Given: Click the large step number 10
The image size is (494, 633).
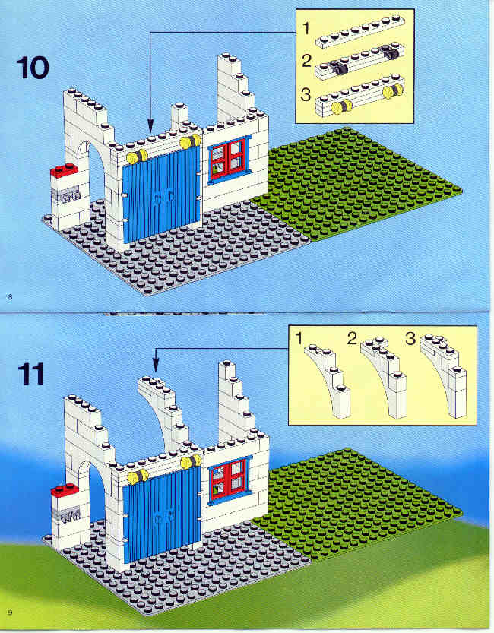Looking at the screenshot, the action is [x=33, y=68].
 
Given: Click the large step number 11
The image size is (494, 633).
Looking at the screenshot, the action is [x=30, y=374].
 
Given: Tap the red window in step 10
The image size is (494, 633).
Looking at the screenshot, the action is [x=229, y=159].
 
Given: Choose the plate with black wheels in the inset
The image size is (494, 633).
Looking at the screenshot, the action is [x=359, y=62].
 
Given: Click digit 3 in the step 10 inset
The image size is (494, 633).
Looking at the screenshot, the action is [x=306, y=94].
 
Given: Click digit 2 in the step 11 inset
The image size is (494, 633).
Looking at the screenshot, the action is [x=353, y=339].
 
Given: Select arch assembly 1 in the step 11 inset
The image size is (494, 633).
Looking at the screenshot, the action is [x=328, y=381].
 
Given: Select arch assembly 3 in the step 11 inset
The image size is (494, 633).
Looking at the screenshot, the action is [x=445, y=375].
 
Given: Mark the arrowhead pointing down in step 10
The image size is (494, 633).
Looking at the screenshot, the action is [x=150, y=125].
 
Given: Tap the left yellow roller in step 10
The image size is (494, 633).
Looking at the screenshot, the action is [x=138, y=157].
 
